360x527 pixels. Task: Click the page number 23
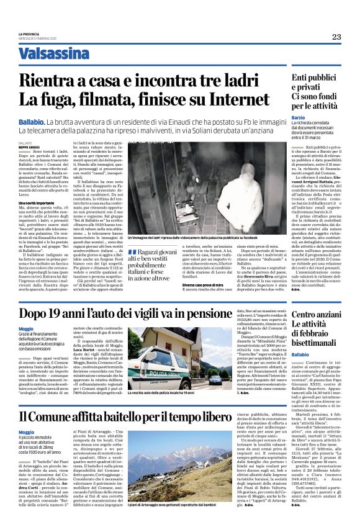(x=336, y=37)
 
